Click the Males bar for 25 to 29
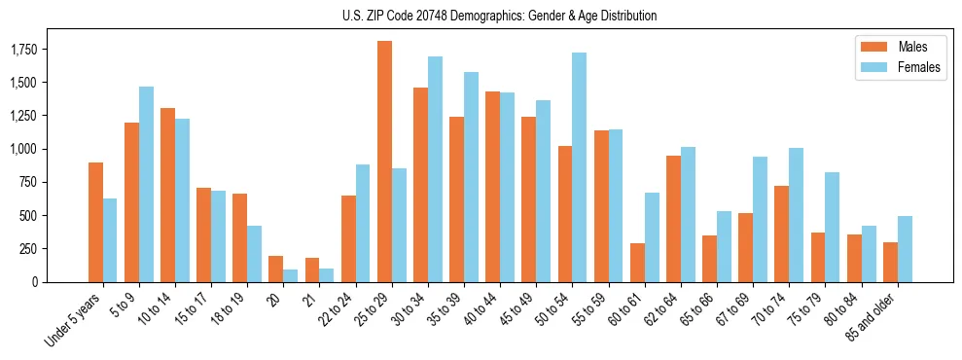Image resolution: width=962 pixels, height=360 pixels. pos(385,162)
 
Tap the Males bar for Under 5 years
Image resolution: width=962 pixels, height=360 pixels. pos(95,222)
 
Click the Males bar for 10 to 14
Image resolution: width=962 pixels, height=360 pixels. pos(168,195)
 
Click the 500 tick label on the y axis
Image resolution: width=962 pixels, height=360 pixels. pos(48,215)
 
